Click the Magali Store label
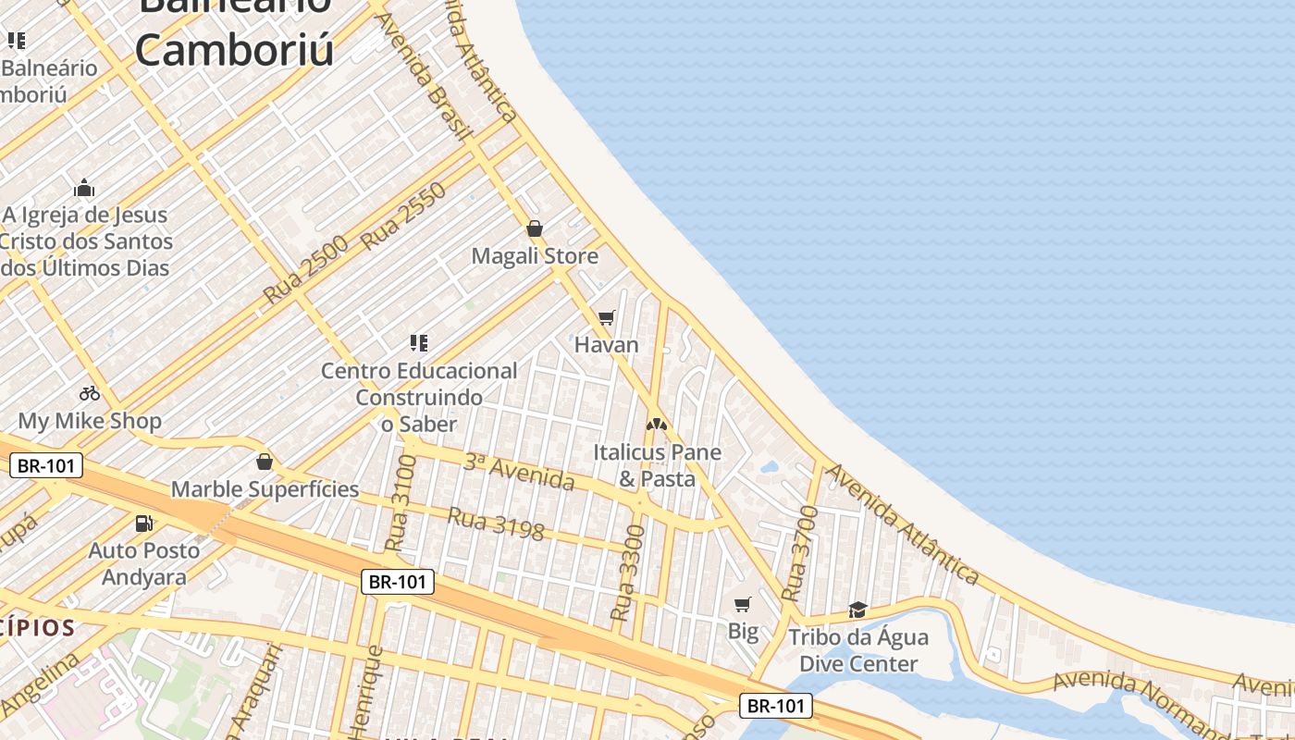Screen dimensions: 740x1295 pos(535,256)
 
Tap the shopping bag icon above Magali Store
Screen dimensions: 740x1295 pos(535,228)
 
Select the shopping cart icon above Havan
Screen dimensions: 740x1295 pos(607,318)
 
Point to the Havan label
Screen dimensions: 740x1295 pos(607,345)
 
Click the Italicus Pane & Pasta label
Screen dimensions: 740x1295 pos(657,465)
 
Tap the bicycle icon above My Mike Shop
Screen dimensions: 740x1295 pos(90,393)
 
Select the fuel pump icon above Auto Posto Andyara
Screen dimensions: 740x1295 pos(143,524)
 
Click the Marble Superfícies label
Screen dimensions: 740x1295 pos(265,489)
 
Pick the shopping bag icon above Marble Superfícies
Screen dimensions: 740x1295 pos(265,462)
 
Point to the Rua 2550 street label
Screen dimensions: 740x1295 pos(404,216)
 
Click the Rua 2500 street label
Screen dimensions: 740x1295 pos(305,270)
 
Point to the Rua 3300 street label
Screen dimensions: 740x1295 pos(628,573)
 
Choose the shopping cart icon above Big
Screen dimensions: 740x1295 pos(743,605)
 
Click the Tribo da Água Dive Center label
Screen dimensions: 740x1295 pos(858,650)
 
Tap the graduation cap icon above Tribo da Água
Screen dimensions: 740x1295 pos(858,610)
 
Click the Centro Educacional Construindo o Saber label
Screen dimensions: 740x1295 pos(419,397)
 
